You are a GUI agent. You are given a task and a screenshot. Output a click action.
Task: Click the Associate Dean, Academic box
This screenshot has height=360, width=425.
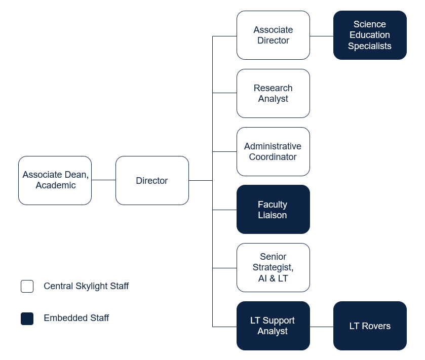[x=55, y=180]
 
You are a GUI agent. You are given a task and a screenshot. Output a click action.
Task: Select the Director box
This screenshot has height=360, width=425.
[x=152, y=180]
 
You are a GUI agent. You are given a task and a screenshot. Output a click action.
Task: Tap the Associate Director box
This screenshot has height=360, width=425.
[x=273, y=35]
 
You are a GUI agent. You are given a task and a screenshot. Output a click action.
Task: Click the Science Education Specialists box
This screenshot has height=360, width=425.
[x=370, y=35]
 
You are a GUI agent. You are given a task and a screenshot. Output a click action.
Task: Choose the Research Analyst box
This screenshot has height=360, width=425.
[x=273, y=93]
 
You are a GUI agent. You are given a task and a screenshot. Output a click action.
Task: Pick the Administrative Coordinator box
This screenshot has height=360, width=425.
[x=273, y=151]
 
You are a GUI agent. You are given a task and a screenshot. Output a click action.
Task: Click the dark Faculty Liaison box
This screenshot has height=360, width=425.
[x=273, y=210]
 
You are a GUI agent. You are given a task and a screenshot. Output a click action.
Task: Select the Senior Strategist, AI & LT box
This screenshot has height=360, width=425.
[x=273, y=267]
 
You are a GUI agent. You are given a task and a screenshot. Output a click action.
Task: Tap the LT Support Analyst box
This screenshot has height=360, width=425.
[x=273, y=326]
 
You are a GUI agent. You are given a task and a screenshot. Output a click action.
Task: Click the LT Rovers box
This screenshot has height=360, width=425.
[x=370, y=326]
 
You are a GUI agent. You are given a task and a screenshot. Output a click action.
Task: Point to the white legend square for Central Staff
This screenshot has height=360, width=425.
[x=27, y=286]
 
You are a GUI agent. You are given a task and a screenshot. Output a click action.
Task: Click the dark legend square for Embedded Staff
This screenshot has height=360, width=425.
[x=27, y=318]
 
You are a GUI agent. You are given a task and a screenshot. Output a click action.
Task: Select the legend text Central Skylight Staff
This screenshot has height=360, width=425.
[x=86, y=286]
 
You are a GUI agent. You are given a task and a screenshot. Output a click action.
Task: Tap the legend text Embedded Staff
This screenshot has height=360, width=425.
[x=76, y=318]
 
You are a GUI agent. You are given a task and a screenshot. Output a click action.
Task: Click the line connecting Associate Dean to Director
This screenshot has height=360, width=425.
[x=103, y=180]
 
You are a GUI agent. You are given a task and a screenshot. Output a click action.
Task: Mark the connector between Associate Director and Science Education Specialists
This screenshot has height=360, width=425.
[x=321, y=36]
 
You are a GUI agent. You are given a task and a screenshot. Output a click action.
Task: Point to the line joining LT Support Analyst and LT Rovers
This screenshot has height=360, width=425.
[x=321, y=327]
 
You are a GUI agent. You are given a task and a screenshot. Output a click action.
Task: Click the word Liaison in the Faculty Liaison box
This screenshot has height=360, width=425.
[x=273, y=215]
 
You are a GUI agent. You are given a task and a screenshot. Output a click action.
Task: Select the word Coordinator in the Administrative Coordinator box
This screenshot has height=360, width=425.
[x=273, y=157]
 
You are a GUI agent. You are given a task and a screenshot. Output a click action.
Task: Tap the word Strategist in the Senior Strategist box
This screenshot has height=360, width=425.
[x=273, y=267]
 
